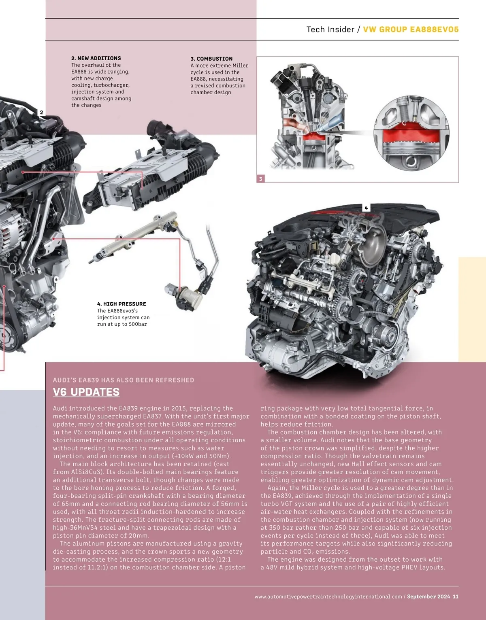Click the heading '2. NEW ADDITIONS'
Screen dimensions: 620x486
coord(96,58)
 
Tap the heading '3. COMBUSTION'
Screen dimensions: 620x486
coord(211,59)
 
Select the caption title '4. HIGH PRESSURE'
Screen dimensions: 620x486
coord(122,304)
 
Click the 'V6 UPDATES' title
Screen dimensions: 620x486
coord(86,392)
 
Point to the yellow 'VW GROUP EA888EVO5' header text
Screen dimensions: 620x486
coord(411,29)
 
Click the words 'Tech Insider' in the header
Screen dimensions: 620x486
coord(330,29)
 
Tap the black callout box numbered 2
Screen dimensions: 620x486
coord(41,113)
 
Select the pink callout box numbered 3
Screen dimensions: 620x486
coord(260,178)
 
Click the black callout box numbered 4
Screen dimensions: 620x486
coord(366,208)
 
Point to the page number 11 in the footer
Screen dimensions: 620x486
coord(456,597)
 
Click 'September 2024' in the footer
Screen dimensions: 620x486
coord(428,597)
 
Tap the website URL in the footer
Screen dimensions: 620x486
coord(328,597)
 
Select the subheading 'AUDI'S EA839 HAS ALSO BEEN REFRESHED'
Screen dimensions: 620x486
coord(124,380)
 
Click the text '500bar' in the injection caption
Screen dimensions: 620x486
coord(138,324)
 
